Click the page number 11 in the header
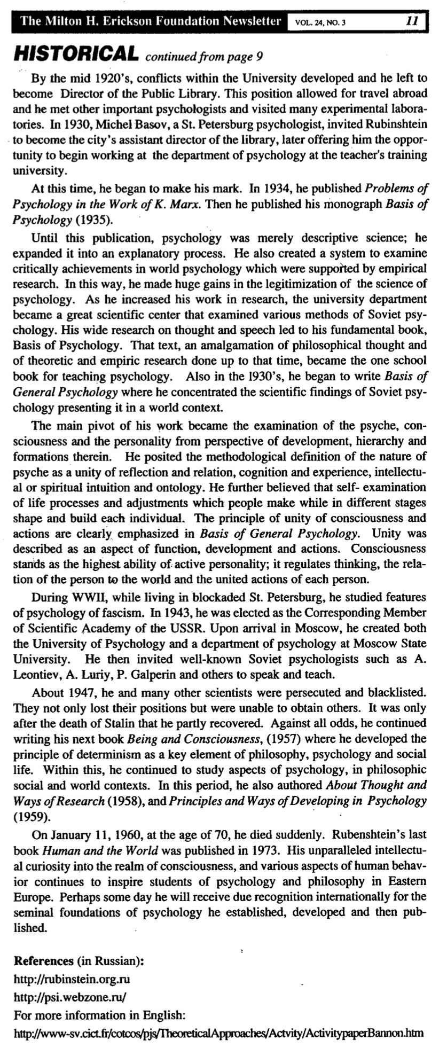412,21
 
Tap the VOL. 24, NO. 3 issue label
317,22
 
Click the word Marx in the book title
185,204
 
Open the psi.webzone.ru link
70,996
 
